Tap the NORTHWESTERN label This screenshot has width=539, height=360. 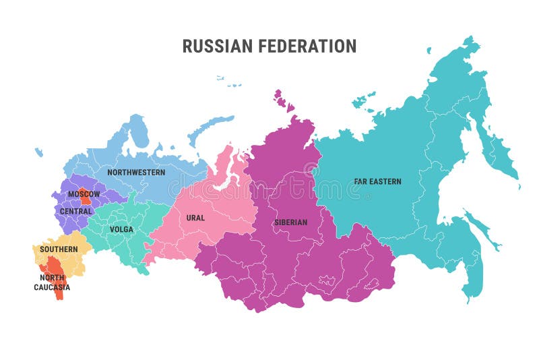click(x=136, y=173)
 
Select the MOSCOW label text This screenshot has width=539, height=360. click(x=84, y=194)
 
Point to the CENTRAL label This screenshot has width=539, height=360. click(x=75, y=212)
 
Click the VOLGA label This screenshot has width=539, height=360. click(x=121, y=229)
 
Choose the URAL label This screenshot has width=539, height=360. click(x=195, y=218)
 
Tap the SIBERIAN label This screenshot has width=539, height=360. click(x=290, y=222)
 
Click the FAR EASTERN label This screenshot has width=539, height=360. click(x=377, y=181)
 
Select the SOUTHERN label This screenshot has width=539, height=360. click(x=59, y=249)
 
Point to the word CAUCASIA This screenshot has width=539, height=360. click(x=52, y=288)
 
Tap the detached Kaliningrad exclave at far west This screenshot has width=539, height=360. click(x=39, y=153)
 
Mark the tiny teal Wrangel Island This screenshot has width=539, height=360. click(x=429, y=49)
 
